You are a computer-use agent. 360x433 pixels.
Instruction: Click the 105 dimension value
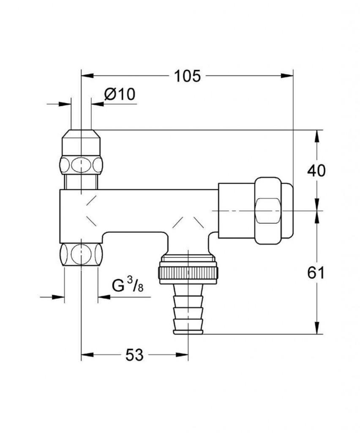coord(187,76)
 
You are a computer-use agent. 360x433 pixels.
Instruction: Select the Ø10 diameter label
coord(120,94)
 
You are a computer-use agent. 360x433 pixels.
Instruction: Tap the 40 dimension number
coord(316,171)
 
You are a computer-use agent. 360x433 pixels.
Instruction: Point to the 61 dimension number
coord(316,273)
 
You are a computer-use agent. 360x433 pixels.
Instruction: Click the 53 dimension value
coord(135,355)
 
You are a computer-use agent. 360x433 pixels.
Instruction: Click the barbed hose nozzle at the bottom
coord(188,309)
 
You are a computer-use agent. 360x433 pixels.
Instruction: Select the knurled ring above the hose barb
coord(188,275)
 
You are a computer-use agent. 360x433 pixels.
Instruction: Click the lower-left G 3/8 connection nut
coord(81,254)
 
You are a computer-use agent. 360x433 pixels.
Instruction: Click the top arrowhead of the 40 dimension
coord(317,136)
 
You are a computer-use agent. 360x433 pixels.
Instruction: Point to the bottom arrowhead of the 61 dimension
coord(317,328)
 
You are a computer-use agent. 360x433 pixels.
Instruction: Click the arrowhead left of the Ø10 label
coord(65,104)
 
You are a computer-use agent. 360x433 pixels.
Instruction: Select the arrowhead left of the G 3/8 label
coord(58,297)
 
